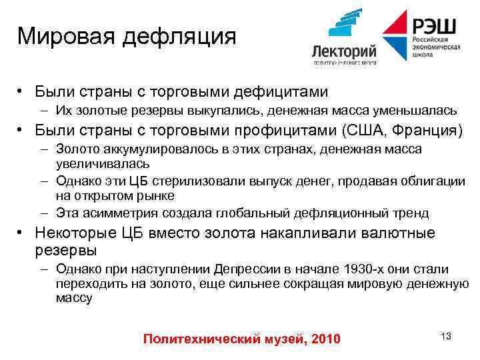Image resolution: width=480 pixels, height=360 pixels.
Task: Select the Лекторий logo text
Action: pos(344,51)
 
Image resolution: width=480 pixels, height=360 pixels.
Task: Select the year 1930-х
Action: pos(367,269)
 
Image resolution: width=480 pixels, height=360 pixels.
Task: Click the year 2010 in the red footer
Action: pos(325,340)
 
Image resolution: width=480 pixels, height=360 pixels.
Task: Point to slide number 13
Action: pos(446,336)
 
